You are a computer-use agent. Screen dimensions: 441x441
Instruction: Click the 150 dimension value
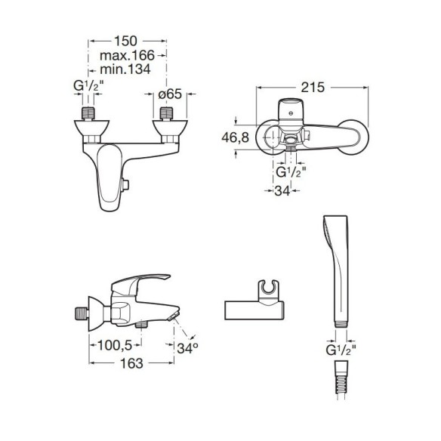125,41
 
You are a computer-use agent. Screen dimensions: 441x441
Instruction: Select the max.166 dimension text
127,55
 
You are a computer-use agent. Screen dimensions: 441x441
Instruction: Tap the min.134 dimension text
125,69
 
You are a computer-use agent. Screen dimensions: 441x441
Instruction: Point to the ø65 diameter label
170,94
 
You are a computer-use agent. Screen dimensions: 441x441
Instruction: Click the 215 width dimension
313,88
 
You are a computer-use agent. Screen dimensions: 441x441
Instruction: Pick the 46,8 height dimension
235,137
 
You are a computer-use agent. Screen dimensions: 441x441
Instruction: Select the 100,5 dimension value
115,345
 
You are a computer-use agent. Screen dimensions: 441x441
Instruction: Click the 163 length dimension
131,363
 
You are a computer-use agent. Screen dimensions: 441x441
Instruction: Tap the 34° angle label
187,348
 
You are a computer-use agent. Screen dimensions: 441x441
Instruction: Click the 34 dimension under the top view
282,191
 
